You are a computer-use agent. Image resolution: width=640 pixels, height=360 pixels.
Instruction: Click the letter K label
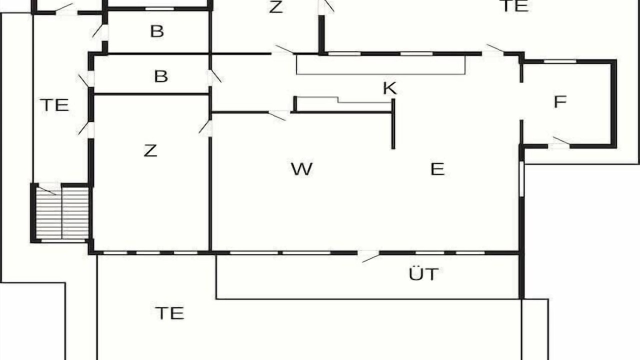tap(389, 88)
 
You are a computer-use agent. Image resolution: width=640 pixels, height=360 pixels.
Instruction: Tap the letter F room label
tap(560, 101)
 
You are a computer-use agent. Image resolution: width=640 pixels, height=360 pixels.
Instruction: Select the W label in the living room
tap(301, 169)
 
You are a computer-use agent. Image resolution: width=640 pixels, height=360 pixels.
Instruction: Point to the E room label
tap(437, 169)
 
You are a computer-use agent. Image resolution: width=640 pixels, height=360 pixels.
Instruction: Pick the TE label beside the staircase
tap(54, 105)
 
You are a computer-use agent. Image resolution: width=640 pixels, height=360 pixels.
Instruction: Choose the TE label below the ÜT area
tap(169, 313)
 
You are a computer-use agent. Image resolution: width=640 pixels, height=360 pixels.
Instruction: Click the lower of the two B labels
tap(161, 76)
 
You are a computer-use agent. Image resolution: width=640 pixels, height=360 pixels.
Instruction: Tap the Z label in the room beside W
tap(150, 150)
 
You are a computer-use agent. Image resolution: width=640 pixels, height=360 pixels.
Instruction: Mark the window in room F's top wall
tap(560, 61)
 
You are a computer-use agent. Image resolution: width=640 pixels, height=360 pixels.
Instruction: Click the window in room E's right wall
tap(521, 179)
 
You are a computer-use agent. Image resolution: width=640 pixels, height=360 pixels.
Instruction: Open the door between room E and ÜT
tap(368, 255)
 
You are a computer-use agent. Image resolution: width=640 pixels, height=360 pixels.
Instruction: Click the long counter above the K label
tap(381, 65)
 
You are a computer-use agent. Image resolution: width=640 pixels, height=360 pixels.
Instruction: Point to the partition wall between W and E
tap(393, 123)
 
